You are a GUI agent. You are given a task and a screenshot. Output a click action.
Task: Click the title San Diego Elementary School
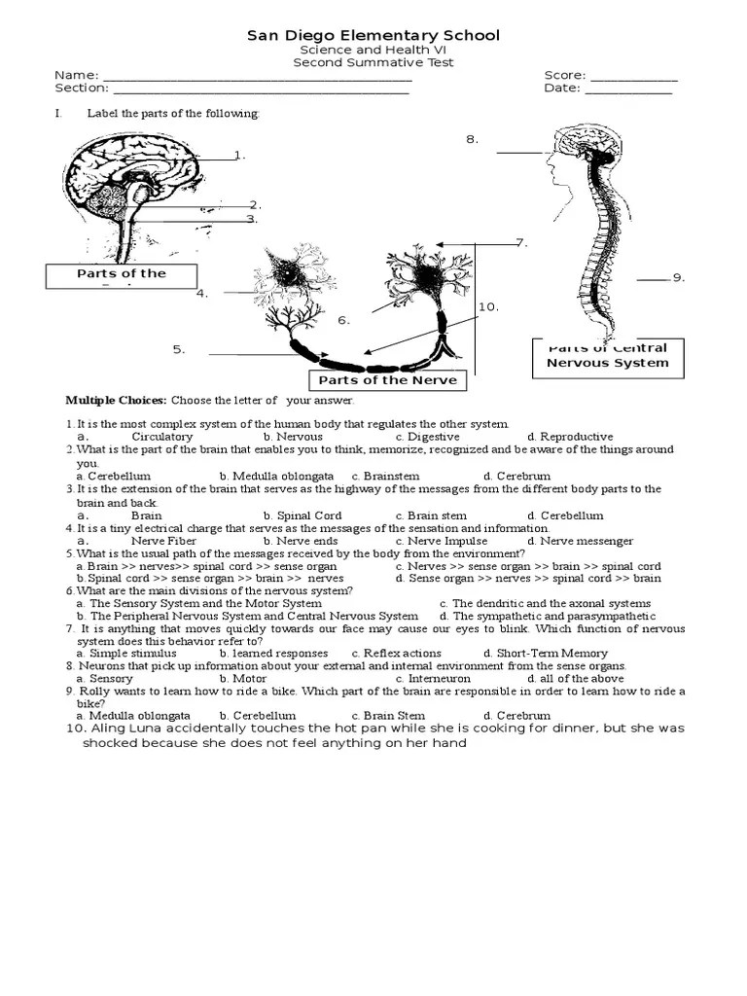tap(373, 36)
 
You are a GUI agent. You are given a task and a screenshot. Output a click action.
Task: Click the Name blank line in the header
tap(257, 78)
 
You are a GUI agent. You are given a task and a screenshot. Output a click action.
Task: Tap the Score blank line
tap(633, 78)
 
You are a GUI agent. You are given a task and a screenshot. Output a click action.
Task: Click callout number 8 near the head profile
tap(473, 139)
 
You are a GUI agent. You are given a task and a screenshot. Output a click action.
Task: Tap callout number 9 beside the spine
tap(679, 278)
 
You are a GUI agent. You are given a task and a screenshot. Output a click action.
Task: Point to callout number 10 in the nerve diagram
tap(487, 307)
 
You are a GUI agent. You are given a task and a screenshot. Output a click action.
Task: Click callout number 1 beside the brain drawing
tap(239, 156)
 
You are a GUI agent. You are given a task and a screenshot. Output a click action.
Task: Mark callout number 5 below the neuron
tap(179, 350)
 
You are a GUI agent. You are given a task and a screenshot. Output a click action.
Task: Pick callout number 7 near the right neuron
tap(520, 242)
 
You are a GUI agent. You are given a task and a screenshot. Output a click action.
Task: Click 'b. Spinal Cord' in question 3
tap(302, 516)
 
